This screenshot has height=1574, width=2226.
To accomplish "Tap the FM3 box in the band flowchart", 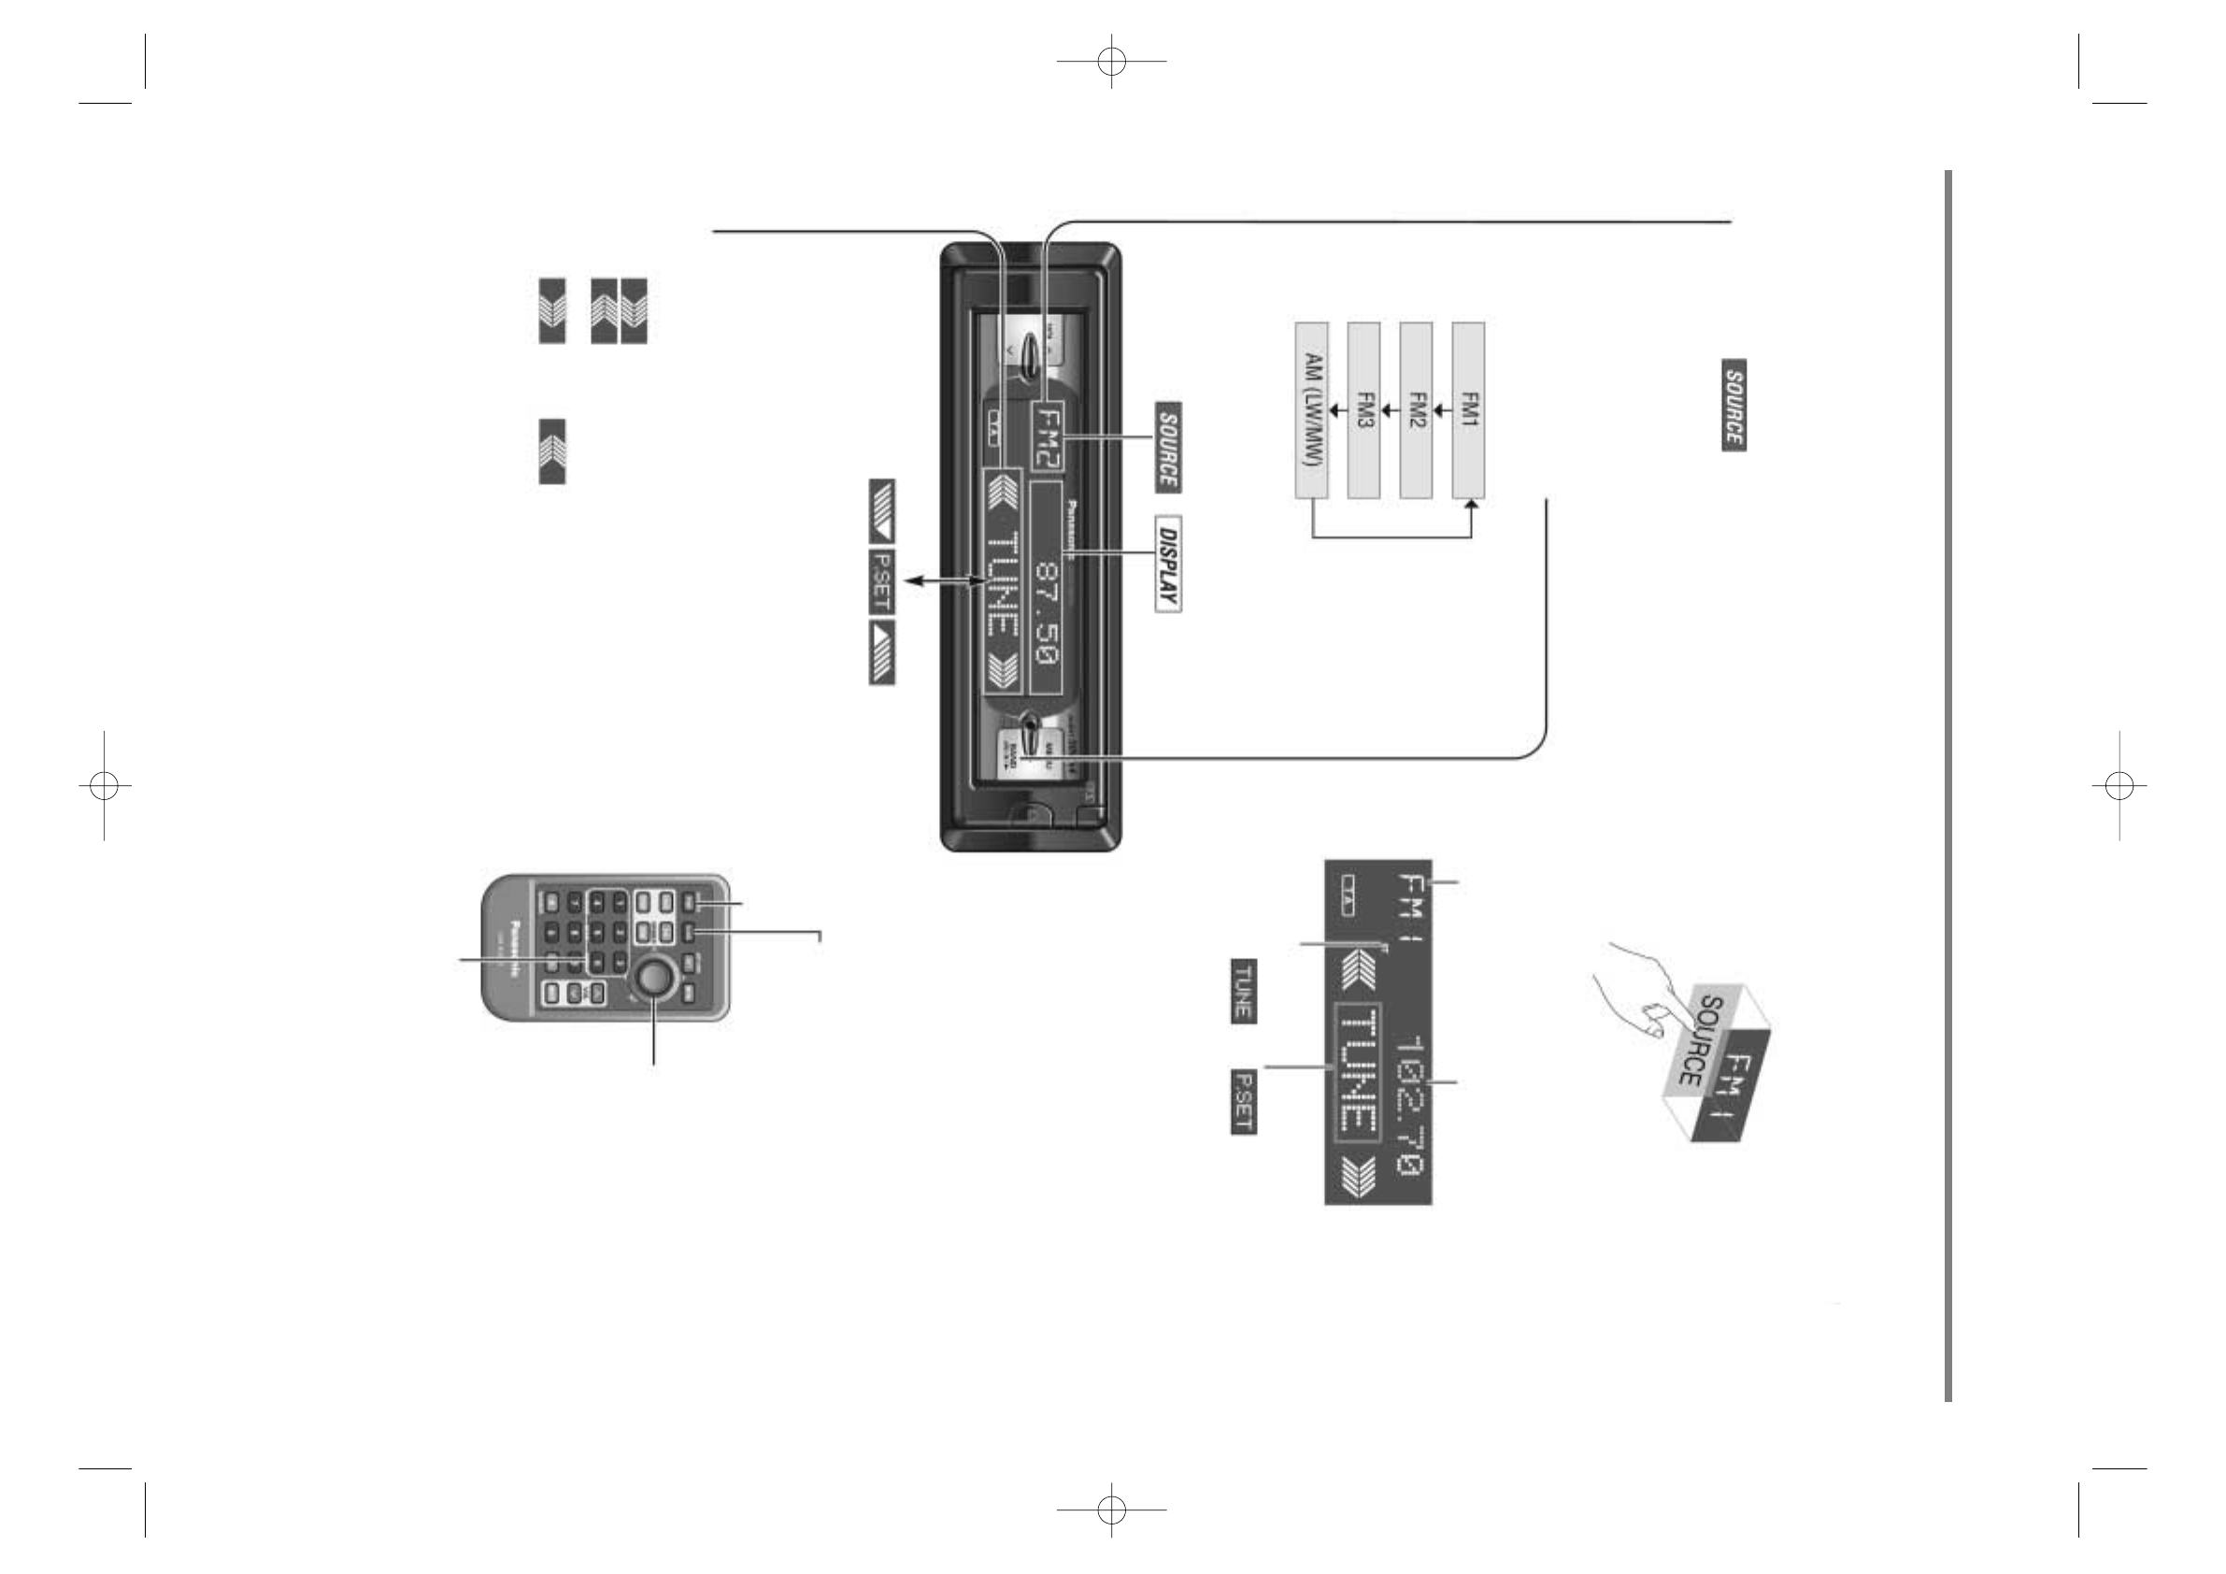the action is point(1363,410).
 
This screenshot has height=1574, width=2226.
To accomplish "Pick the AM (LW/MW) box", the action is point(1311,410).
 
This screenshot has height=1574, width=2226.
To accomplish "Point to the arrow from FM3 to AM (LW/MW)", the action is point(1337,410).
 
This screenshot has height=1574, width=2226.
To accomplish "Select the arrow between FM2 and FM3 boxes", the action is point(1390,410).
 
